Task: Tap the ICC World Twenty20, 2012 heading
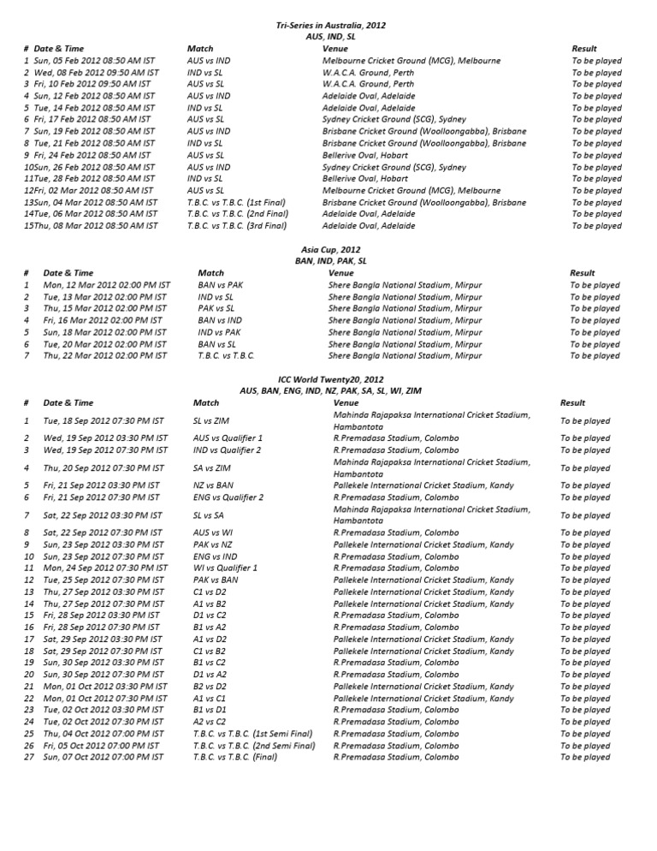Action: click(331, 378)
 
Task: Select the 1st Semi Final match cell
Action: click(252, 734)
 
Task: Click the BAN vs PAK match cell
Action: click(219, 285)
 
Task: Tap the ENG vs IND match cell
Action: click(214, 556)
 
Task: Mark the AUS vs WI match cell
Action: click(213, 533)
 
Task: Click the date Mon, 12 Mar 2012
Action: click(106, 285)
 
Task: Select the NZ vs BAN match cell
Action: click(214, 485)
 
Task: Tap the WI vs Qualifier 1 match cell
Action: click(225, 568)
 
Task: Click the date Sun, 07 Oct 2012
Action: click(101, 757)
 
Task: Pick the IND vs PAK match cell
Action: click(219, 332)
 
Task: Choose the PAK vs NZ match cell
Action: click(212, 545)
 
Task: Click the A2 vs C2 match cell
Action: click(210, 722)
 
